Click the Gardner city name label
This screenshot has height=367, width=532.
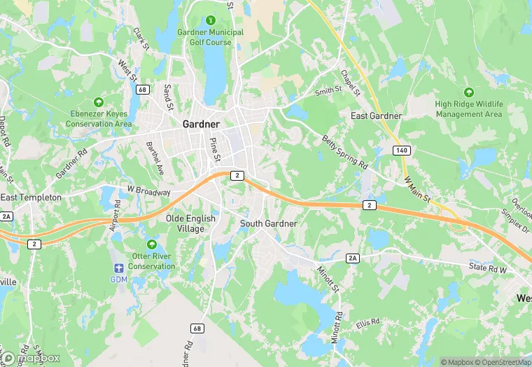click(x=201, y=124)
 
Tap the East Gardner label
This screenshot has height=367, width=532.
click(x=377, y=116)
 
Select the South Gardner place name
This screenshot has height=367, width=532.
click(x=269, y=223)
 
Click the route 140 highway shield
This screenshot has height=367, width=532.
click(x=400, y=151)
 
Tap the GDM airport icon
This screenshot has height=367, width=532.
click(x=118, y=268)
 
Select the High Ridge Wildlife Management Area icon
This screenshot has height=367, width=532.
click(x=469, y=92)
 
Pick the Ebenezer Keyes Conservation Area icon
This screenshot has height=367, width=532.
click(x=99, y=102)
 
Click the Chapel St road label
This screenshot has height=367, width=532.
click(x=350, y=82)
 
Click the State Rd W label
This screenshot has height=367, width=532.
click(x=487, y=269)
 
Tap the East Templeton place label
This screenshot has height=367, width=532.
click(x=31, y=198)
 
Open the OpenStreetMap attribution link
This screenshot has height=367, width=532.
click(x=500, y=362)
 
